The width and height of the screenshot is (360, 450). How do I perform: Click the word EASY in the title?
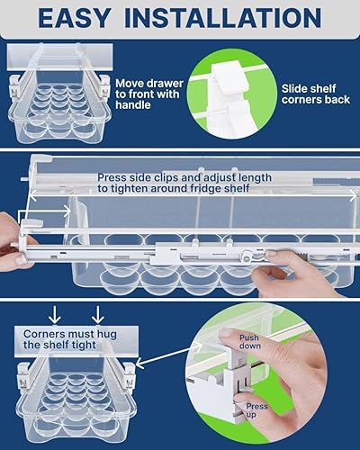(x=87, y=19)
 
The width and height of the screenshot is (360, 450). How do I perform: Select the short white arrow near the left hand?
(x=56, y=212)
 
